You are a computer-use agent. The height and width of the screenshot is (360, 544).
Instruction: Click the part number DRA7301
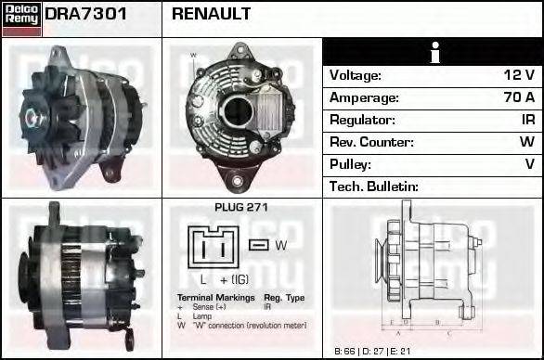pyautogui.click(x=86, y=14)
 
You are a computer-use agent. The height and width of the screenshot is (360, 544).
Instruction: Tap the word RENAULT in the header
pyautogui.click(x=212, y=14)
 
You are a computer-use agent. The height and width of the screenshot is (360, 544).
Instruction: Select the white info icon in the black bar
pyautogui.click(x=434, y=52)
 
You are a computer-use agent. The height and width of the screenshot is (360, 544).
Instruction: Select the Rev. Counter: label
pyautogui.click(x=371, y=142)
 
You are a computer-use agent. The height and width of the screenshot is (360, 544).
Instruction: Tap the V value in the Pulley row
pyautogui.click(x=530, y=164)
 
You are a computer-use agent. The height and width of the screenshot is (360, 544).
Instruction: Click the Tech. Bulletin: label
pyautogui.click(x=374, y=186)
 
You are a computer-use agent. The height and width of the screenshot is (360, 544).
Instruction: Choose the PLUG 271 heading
pyautogui.click(x=241, y=208)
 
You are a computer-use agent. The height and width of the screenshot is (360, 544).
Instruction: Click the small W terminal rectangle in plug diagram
pyautogui.click(x=259, y=244)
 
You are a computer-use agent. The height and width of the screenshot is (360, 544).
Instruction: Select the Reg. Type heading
pyautogui.click(x=283, y=299)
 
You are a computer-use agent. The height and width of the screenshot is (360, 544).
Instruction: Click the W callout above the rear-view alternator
pyautogui.click(x=193, y=56)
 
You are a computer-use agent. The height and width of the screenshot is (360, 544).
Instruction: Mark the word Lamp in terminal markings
pyautogui.click(x=201, y=316)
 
